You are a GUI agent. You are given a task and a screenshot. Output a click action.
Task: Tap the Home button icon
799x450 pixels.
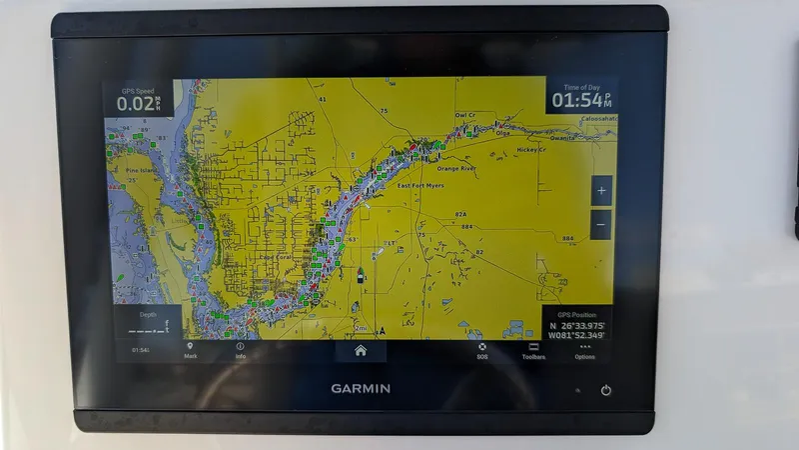point(360,350)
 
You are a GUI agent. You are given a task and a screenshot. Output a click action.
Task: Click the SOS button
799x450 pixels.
point(482,350)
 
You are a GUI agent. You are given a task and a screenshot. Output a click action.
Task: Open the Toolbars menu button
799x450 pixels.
point(533,350)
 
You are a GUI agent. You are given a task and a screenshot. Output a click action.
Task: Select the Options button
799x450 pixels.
point(584,350)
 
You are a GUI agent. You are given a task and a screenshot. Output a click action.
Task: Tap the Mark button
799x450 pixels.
point(190,350)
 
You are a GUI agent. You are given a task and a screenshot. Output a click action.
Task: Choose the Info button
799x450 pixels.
point(240,350)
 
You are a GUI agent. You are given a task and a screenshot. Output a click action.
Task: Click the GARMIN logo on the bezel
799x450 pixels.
point(361,388)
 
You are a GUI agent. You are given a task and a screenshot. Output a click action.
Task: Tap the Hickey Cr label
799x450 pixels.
point(531,150)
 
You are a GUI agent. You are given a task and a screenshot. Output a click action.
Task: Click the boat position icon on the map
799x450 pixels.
point(360,273)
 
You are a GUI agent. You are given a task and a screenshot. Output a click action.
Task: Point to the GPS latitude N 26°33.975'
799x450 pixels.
point(579,324)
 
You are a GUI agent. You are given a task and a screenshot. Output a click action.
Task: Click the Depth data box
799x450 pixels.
point(144,324)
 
